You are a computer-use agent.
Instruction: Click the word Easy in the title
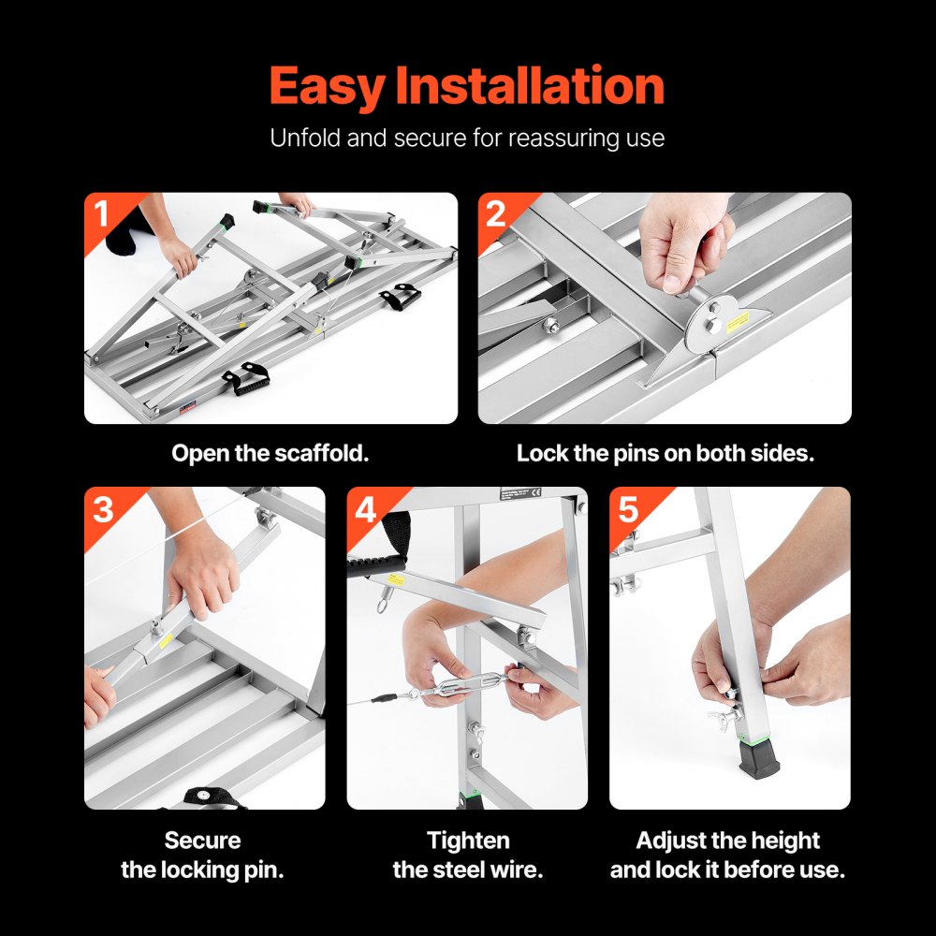tap(328, 87)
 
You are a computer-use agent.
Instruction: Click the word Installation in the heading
tap(530, 87)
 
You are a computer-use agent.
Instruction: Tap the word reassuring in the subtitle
tap(560, 139)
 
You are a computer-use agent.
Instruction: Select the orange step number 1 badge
tap(102, 214)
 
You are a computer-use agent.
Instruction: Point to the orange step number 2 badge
tap(496, 214)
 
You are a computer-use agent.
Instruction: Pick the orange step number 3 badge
tap(103, 509)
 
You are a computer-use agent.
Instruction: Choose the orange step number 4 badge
tap(365, 509)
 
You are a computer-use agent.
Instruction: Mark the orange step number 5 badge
tap(628, 509)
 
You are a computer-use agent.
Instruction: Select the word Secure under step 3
tap(202, 841)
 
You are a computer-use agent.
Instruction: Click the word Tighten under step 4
tap(468, 841)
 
